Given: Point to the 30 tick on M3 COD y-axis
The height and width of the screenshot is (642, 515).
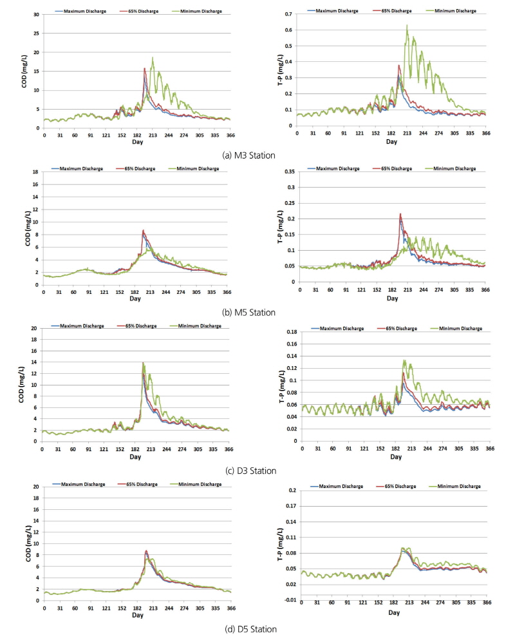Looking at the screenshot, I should pos(37,14).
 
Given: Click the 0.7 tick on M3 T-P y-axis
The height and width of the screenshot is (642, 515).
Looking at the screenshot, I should pos(289,14).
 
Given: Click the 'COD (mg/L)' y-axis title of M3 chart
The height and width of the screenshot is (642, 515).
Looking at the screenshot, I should pos(24,71).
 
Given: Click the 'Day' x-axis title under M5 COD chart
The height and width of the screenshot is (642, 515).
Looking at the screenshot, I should pos(135,299).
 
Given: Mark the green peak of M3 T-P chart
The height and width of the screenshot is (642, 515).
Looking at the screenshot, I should pos(407,26).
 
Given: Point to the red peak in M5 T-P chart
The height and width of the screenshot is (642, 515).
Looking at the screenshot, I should pos(382,214).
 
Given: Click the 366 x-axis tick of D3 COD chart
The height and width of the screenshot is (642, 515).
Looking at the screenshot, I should pos(230,448).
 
